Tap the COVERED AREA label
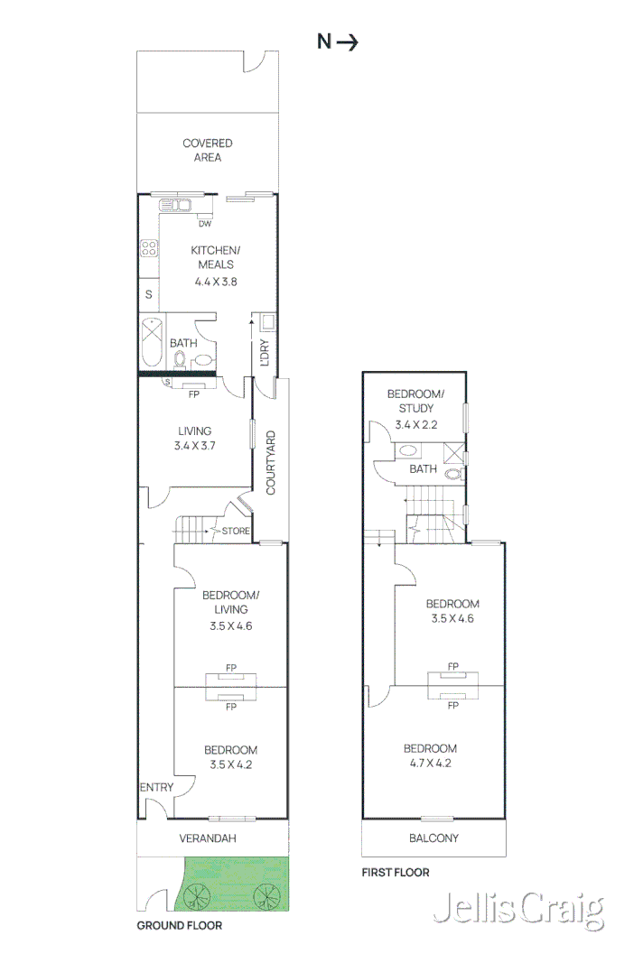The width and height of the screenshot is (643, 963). (207, 150)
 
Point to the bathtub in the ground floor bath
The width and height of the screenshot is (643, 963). (151, 343)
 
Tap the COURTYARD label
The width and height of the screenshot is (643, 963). (271, 462)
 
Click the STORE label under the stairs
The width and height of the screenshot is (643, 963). (236, 531)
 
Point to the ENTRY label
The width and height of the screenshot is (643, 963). (156, 788)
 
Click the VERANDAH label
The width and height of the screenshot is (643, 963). (208, 838)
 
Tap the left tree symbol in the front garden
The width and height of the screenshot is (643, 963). (196, 895)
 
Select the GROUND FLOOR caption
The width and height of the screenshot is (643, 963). (179, 925)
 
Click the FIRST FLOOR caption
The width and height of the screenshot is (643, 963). (396, 873)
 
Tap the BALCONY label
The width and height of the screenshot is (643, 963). (433, 838)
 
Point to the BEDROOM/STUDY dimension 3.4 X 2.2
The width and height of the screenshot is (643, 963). (416, 423)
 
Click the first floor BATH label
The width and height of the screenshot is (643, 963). (424, 469)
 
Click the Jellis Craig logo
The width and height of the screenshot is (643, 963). (517, 911)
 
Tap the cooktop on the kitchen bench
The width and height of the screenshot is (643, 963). (149, 248)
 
